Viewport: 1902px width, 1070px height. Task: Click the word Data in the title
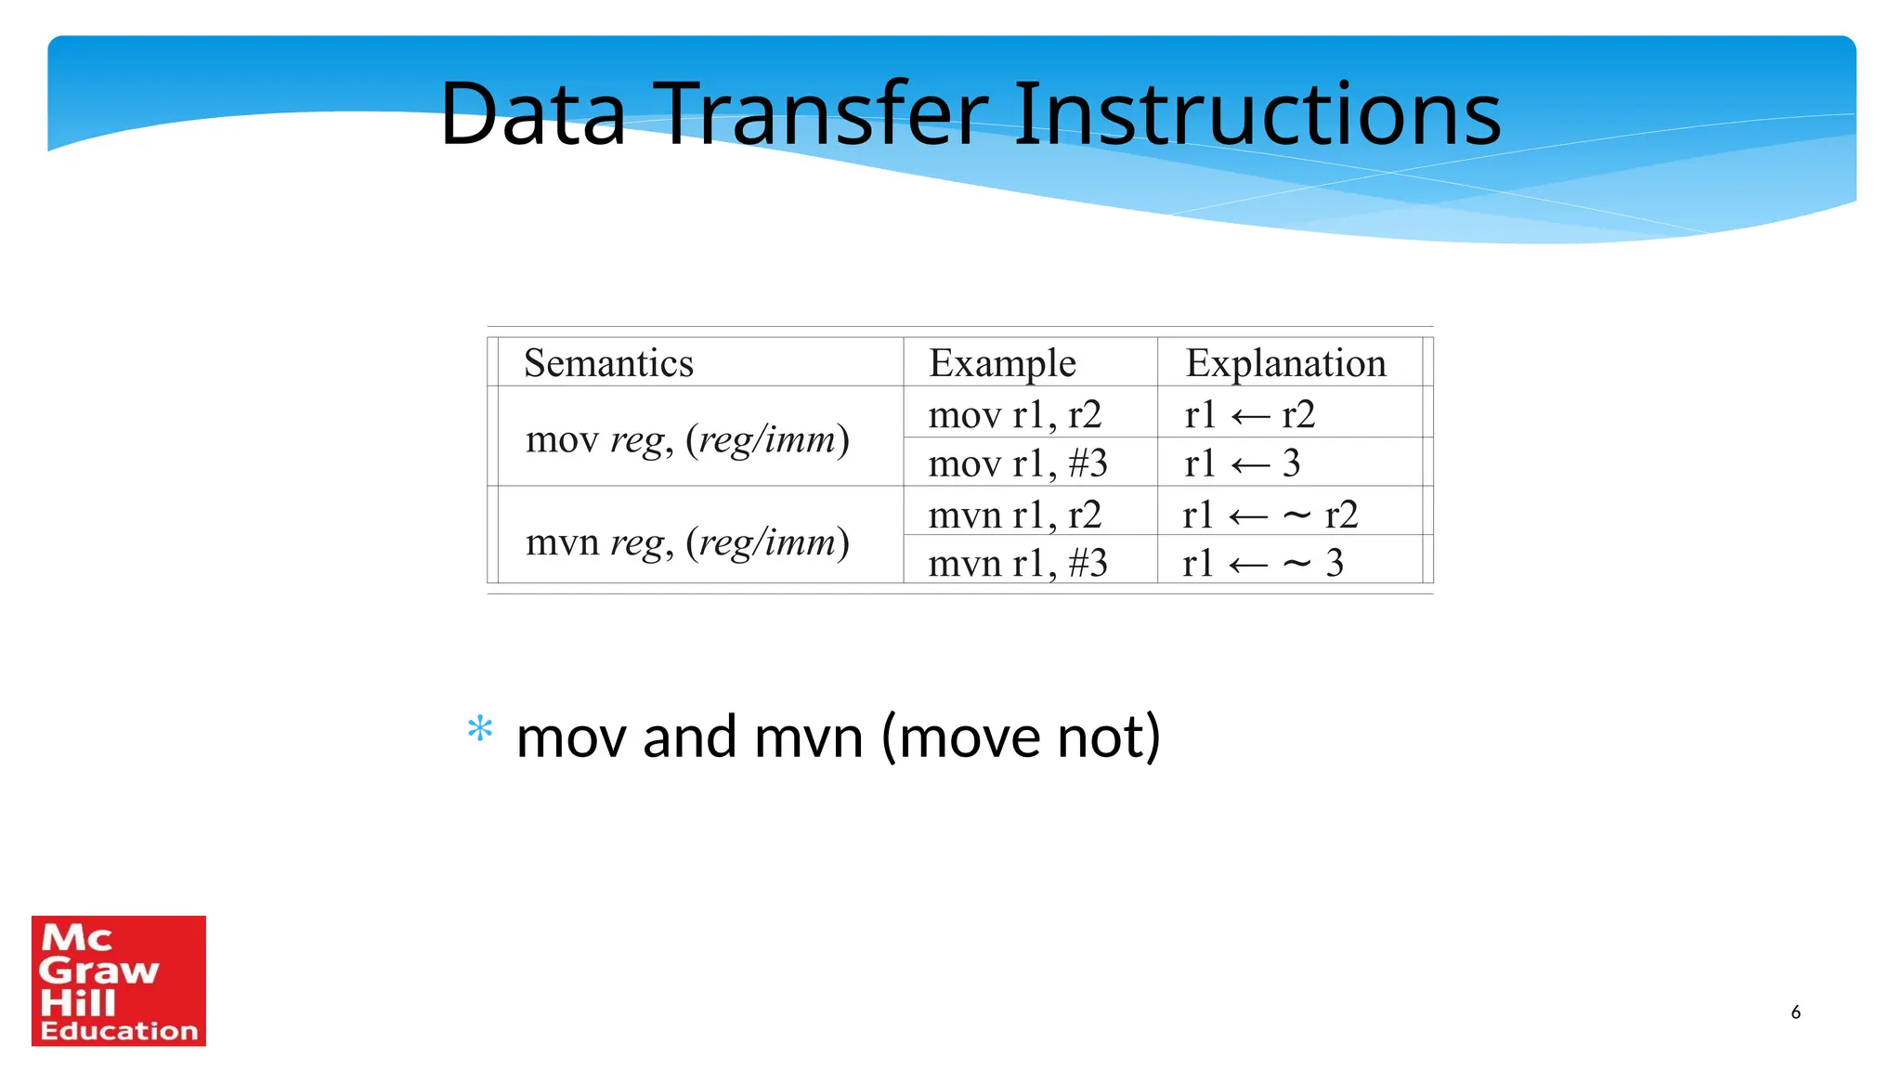(x=532, y=114)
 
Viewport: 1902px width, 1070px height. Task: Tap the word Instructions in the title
(x=1257, y=114)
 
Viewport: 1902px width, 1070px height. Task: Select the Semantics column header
(x=608, y=363)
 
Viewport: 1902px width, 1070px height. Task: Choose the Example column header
(x=1002, y=363)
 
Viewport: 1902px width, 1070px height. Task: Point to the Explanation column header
(x=1285, y=363)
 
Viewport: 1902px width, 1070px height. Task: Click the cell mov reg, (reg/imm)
(x=687, y=439)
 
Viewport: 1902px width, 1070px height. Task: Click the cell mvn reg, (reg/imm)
(x=687, y=542)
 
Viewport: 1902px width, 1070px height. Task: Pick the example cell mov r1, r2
(x=1014, y=414)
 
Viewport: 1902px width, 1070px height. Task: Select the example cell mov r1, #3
(x=1018, y=463)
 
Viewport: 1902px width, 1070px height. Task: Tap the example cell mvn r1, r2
(x=1014, y=515)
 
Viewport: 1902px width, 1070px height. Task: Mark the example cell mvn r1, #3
(x=1018, y=564)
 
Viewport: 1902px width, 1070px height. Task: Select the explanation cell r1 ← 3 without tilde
(x=1243, y=463)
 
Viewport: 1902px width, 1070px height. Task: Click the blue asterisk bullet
(x=480, y=729)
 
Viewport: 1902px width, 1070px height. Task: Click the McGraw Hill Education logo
(x=119, y=981)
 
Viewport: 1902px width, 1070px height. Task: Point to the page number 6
(x=1795, y=1012)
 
